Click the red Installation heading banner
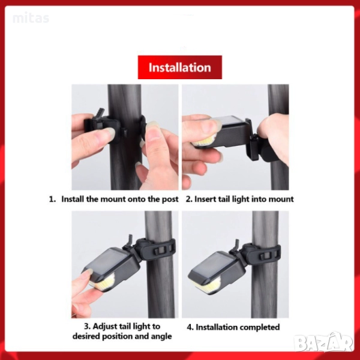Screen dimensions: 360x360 click(x=180, y=67)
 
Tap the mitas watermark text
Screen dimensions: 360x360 click(x=31, y=18)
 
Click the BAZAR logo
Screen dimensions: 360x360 click(x=324, y=343)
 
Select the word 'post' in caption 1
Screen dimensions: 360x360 click(x=170, y=199)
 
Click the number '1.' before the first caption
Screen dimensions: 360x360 click(x=53, y=199)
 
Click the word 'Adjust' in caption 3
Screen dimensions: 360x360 click(x=104, y=326)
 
